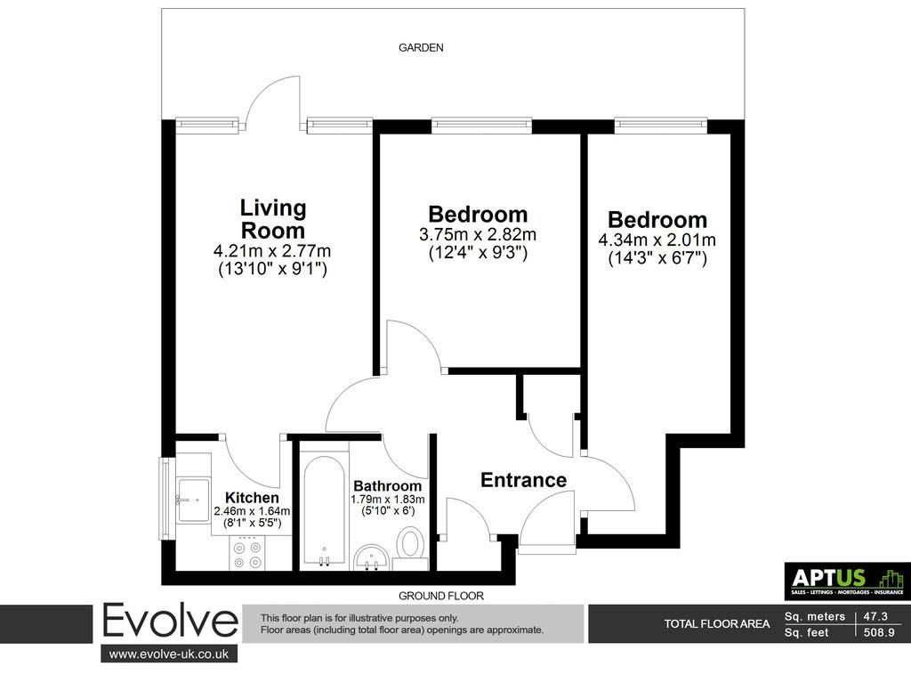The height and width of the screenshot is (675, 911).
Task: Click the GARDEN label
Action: coord(421,48)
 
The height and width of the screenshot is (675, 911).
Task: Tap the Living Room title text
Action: coord(273,219)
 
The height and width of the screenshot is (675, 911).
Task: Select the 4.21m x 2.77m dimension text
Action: coord(272,251)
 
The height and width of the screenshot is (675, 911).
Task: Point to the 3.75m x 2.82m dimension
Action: coord(478,235)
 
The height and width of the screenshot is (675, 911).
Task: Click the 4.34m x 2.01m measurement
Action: coord(657,240)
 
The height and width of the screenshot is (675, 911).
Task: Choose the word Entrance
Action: coord(523,480)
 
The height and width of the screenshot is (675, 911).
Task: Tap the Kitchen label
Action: coord(252,498)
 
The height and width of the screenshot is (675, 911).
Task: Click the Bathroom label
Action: coord(388,486)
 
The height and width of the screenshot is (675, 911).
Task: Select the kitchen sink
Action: coord(193,500)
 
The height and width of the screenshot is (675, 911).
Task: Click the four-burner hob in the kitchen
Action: coord(247,554)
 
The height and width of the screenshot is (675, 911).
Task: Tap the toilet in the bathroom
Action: coord(411,547)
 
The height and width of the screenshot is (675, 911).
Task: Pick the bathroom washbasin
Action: coord(372,557)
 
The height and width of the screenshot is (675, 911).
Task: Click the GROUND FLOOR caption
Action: coord(441,596)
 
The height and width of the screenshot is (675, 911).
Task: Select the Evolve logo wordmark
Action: coord(170,622)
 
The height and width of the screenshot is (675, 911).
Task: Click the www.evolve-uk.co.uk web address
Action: coord(169,654)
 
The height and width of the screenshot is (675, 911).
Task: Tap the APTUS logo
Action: coord(848,581)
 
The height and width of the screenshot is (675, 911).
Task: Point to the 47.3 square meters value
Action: coord(875,616)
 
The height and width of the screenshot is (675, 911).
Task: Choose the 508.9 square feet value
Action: coord(879,632)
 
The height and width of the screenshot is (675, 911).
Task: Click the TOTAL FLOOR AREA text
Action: coord(717,624)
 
